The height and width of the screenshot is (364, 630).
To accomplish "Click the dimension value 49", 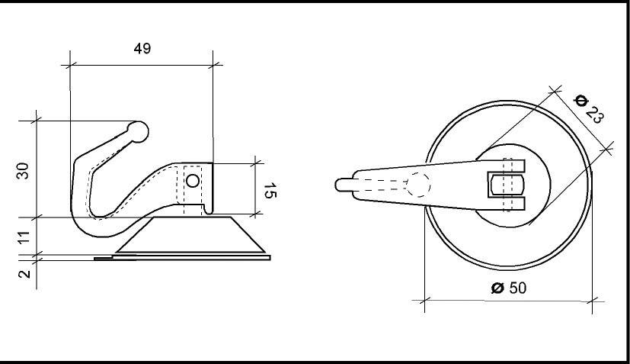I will click(141, 48).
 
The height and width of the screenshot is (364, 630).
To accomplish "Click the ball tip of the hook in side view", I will click(139, 131).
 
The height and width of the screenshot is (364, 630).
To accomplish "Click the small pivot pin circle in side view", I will click(193, 181).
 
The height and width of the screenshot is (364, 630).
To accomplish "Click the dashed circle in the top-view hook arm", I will click(417, 184).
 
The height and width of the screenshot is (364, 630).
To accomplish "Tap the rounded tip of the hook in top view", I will click(341, 185).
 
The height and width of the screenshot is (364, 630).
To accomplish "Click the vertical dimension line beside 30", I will click(37, 168).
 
